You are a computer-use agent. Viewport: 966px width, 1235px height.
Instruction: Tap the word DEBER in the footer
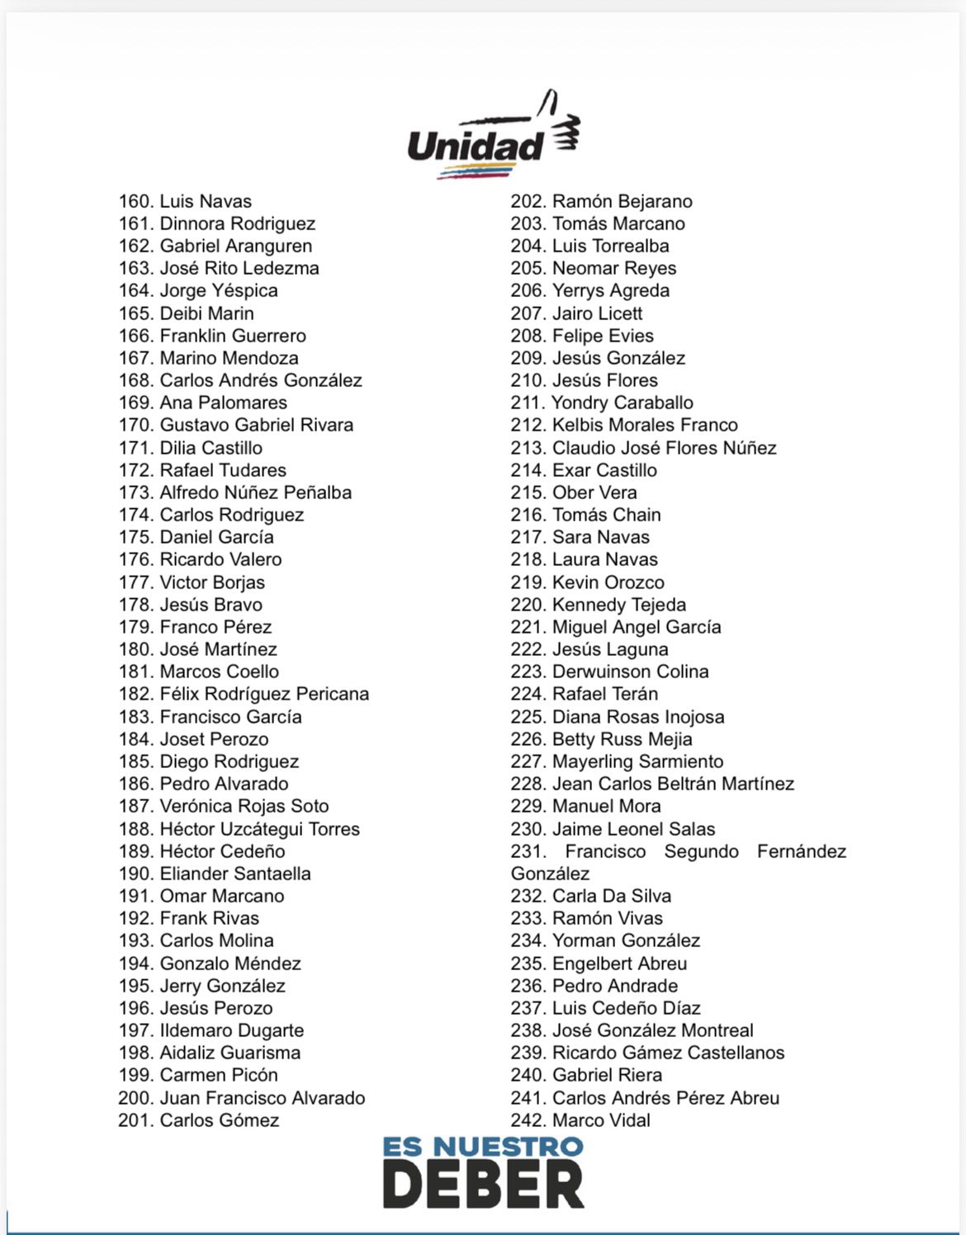(483, 1185)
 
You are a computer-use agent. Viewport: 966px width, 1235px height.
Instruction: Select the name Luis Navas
(206, 201)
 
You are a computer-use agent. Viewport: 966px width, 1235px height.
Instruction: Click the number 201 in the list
(135, 1120)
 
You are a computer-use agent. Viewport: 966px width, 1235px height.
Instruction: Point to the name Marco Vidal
(601, 1120)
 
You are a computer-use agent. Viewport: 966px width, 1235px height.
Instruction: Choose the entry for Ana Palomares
(223, 403)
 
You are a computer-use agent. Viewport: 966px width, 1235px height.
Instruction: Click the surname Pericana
(332, 694)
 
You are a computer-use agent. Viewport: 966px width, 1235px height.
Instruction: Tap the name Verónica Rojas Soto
(244, 806)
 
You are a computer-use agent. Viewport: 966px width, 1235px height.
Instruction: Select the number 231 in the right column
(528, 851)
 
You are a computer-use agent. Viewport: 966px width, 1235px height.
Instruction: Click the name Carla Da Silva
(611, 896)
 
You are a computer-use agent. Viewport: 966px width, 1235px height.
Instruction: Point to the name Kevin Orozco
(608, 582)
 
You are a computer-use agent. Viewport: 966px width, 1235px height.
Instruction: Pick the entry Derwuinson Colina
(630, 672)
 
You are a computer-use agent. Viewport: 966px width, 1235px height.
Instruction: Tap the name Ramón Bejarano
(622, 201)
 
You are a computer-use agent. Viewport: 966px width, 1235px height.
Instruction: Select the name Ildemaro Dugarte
(231, 1030)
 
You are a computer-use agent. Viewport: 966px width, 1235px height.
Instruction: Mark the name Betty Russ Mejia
(622, 739)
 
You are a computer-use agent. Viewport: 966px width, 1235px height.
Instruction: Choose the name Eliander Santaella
(235, 874)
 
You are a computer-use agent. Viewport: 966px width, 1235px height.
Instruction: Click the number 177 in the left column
(135, 582)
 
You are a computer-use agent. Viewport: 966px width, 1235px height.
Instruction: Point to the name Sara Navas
(600, 537)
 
